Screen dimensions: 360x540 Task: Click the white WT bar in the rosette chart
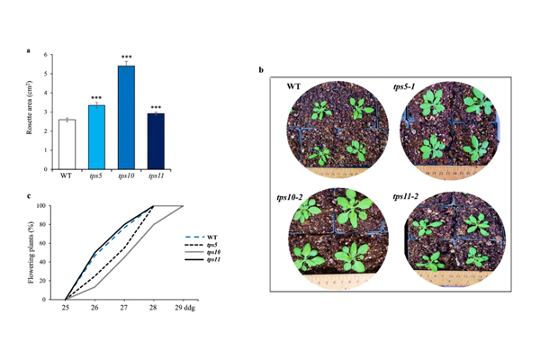coord(66,144)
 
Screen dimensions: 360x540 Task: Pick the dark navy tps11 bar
coord(156,141)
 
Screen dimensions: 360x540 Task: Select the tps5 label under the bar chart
coord(96,175)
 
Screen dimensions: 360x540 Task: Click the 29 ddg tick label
coord(186,307)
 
